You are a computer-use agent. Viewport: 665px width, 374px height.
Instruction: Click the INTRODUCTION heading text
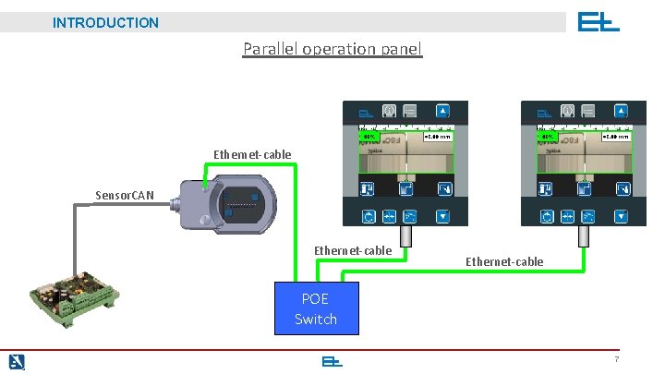105,22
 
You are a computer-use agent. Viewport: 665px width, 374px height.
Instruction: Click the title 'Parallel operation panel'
332,48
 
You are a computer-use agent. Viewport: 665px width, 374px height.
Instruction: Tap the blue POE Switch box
316,308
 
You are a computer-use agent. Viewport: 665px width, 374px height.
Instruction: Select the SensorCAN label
125,195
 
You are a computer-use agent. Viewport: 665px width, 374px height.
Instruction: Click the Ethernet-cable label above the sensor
252,154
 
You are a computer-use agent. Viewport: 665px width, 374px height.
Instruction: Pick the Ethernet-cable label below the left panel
353,250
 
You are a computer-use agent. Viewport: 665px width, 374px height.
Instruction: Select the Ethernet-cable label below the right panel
504,261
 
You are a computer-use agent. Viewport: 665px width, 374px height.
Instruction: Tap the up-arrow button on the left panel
442,110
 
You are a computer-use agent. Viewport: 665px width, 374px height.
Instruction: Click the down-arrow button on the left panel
442,218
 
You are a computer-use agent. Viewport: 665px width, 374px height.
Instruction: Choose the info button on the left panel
389,110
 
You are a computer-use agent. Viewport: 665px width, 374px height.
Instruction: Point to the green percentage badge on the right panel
548,137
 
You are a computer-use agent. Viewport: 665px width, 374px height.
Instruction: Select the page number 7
615,358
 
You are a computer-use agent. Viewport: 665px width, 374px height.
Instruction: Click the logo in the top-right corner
598,22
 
